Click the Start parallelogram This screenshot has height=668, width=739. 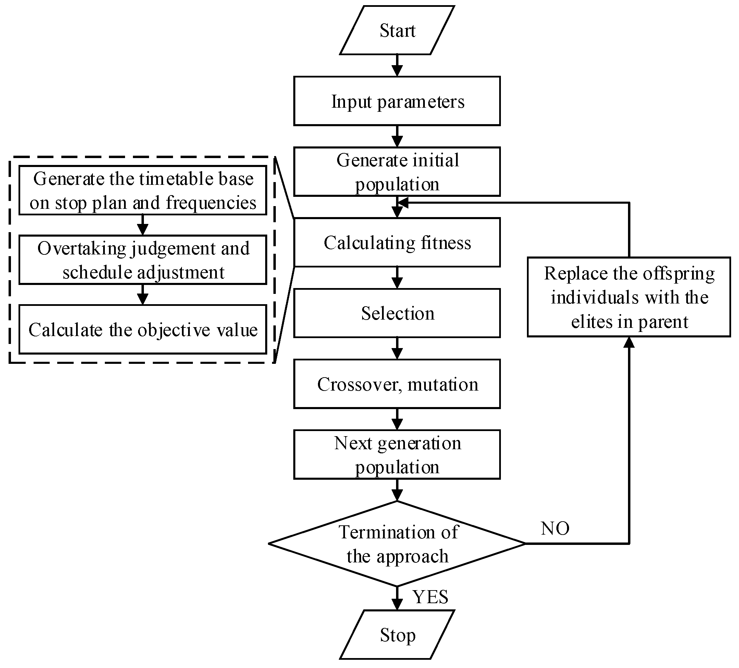397,30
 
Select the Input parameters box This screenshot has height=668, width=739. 397,101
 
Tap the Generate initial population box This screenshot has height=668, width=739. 397,172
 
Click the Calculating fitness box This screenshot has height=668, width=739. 397,242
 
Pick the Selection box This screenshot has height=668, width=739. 397,313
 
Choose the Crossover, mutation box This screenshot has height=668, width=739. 397,384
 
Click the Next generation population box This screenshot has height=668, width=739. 397,454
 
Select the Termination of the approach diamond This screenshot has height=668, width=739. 397,544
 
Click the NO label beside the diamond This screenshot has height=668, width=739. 555,528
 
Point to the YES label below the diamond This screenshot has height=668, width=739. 430,597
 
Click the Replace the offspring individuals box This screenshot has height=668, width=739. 629,297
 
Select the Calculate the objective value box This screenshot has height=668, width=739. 143,330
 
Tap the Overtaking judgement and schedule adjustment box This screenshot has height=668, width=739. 143,260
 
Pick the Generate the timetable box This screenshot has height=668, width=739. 143,190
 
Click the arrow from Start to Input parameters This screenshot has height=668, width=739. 397,66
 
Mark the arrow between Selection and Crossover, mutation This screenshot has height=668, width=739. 397,348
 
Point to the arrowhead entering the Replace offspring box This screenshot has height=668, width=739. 629,342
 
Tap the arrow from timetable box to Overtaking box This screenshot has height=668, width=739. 143,225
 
